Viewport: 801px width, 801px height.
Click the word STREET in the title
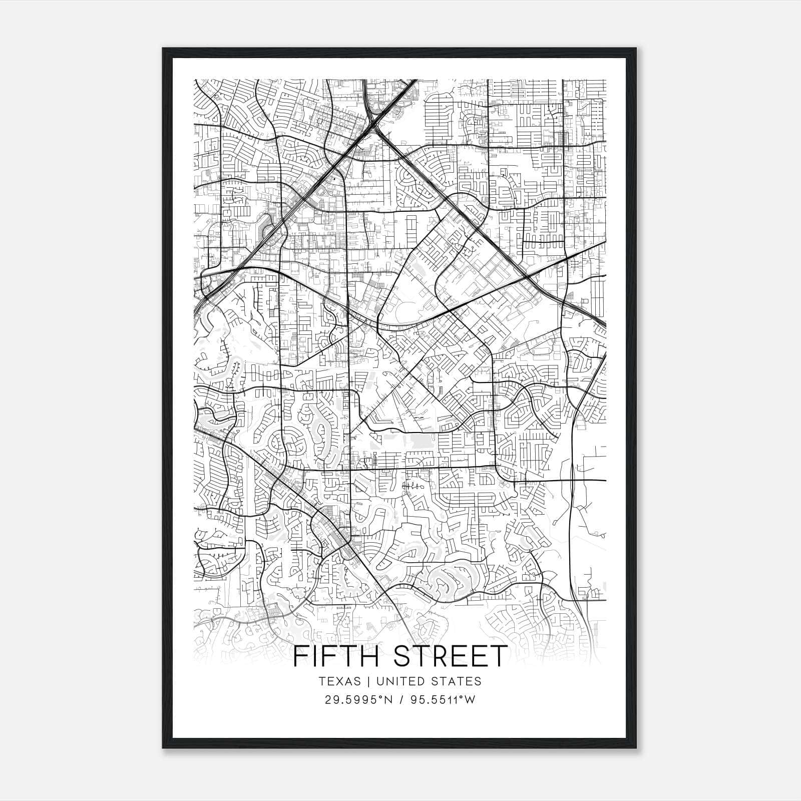coord(451,656)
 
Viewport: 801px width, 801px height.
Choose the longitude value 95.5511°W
coord(443,700)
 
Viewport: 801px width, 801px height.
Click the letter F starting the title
coord(299,656)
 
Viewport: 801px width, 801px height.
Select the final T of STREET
coord(499,656)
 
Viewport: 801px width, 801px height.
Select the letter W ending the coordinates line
coord(469,700)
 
